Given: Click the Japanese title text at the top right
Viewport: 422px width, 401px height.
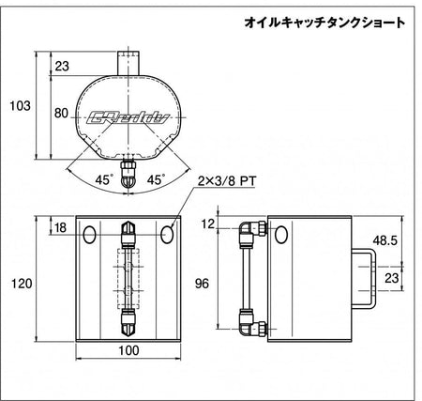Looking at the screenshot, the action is tap(324, 23).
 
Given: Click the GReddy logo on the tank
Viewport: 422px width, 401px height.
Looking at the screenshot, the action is tap(128, 117).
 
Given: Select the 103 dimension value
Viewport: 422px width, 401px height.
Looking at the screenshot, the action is tap(21, 106).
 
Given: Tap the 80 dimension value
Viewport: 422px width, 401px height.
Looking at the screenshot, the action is tap(61, 113).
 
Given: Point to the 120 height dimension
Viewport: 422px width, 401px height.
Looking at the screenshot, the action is tap(22, 284).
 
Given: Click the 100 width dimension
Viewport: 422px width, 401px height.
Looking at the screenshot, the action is tap(128, 350).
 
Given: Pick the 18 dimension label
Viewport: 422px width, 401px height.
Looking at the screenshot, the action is tap(60, 227).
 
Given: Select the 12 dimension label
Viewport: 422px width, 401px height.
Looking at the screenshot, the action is tap(208, 224).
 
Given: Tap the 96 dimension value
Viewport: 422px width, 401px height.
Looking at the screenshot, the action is tap(202, 284).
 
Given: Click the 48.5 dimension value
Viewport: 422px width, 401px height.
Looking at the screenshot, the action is tap(384, 240).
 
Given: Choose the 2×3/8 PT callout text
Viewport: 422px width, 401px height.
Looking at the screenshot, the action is tap(227, 181).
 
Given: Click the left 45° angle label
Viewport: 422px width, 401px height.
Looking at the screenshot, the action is tap(103, 179).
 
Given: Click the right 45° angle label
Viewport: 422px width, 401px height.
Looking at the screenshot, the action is tap(156, 179).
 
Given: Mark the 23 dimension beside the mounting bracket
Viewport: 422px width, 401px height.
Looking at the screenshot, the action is tap(392, 278).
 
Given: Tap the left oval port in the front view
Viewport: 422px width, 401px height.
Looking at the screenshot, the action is tap(90, 235).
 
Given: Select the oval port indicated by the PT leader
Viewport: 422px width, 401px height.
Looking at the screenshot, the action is tap(167, 235).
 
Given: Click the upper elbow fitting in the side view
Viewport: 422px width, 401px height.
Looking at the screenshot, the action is tap(252, 229).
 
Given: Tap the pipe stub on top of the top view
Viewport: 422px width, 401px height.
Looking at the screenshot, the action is tap(128, 63).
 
